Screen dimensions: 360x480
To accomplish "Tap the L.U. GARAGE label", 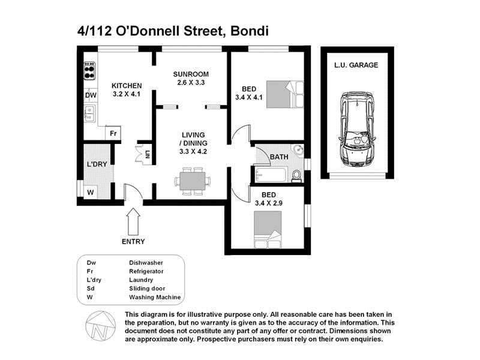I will coord(356,65).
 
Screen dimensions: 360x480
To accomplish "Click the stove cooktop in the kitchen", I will coord(90,71).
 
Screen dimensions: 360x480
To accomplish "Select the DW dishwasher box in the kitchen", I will coord(90,95).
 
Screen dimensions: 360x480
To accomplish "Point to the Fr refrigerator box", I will coord(112,133).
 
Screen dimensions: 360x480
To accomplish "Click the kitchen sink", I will coord(89,112).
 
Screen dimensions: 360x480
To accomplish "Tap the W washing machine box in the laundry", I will coord(90,192).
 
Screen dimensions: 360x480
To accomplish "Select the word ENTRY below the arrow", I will coord(133,242).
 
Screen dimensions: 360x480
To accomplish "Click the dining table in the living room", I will coord(193,180).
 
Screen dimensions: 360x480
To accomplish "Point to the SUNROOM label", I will coord(191,74).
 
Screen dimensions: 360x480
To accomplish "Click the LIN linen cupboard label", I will coord(147,154).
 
